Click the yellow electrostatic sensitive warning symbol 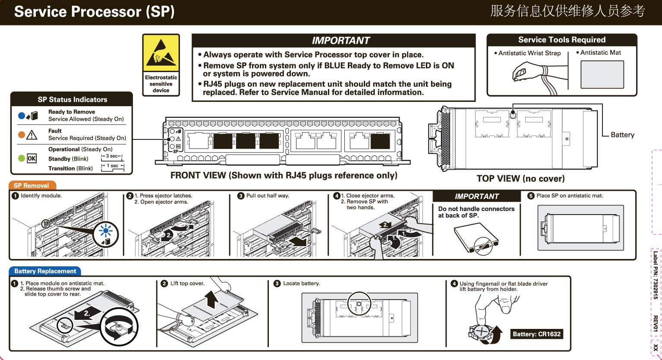coord(161,54)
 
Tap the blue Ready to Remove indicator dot coord(22,116)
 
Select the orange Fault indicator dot coord(22,135)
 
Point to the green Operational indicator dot coord(22,158)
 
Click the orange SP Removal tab coord(32,186)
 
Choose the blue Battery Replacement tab coord(45,271)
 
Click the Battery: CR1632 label coord(536,334)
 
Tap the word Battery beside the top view coord(622,135)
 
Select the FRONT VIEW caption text coord(284,175)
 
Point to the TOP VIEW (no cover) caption coord(520,179)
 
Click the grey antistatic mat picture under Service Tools coord(602,74)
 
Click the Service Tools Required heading coord(561,40)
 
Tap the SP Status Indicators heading coord(72,99)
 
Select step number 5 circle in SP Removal coord(531,196)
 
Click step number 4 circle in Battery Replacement coord(454,284)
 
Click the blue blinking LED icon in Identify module coord(106,231)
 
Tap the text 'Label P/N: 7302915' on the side coord(656,275)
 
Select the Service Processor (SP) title coord(94,12)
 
